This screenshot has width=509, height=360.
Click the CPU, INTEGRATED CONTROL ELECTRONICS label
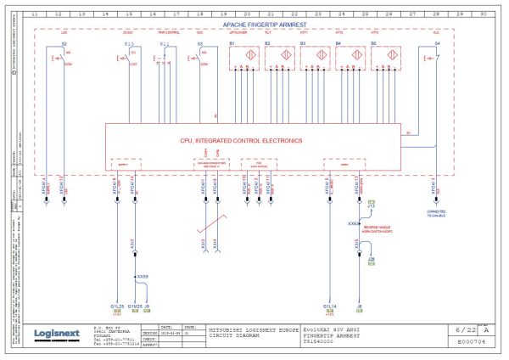pos(252,140)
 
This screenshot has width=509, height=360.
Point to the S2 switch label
pos(64,42)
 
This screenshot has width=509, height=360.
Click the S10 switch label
pos(128,42)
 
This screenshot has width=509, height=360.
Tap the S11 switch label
pos(164,42)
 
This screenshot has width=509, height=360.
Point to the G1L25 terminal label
pos(117,305)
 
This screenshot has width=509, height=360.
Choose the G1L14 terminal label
pos(331,305)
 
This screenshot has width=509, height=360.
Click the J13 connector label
pos(371,206)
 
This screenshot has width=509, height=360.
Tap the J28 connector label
pos(372,254)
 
